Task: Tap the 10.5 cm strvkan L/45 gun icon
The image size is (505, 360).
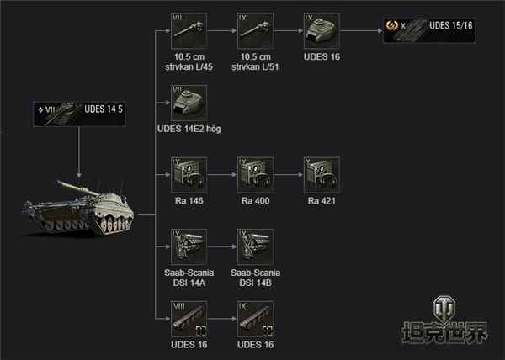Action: coord(189,34)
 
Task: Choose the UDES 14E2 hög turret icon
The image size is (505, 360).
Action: coord(189,103)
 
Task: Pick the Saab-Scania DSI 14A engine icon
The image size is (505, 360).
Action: coord(189,246)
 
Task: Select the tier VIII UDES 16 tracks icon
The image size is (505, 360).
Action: coord(189,317)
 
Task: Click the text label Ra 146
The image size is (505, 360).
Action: coord(189,203)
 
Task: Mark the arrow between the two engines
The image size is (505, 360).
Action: coord(222,246)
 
